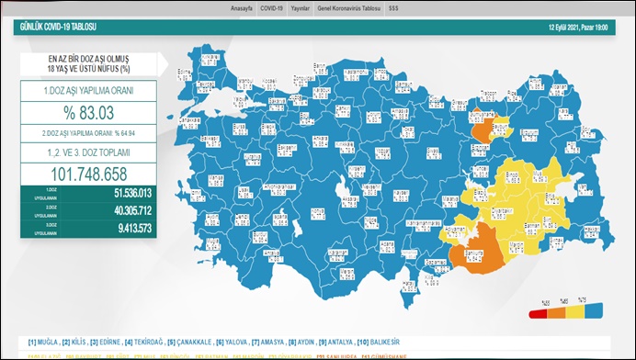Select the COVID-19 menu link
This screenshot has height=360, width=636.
[271, 6]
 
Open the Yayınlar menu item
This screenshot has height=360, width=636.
[301, 6]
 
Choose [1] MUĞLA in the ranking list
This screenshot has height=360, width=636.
[46, 343]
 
